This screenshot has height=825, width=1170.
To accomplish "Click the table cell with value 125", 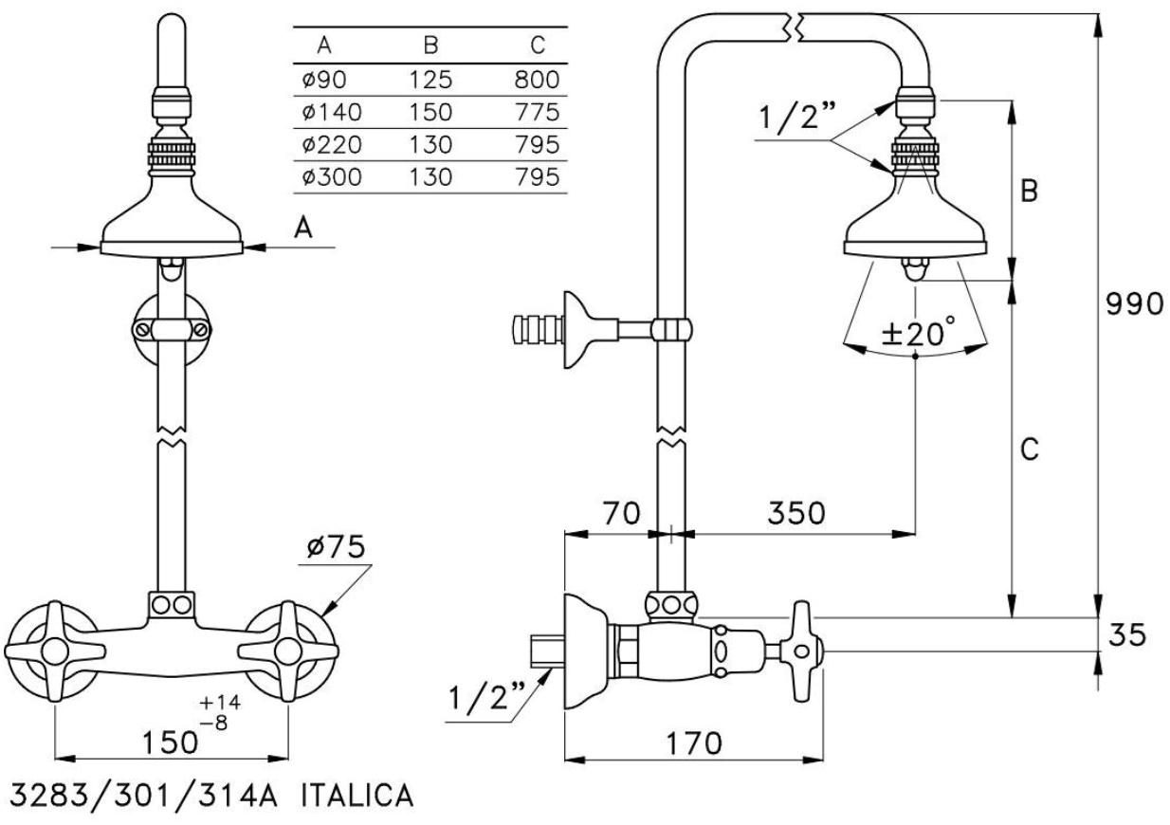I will [x=431, y=80].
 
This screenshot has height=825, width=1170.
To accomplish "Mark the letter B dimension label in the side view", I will [x=1029, y=190].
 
